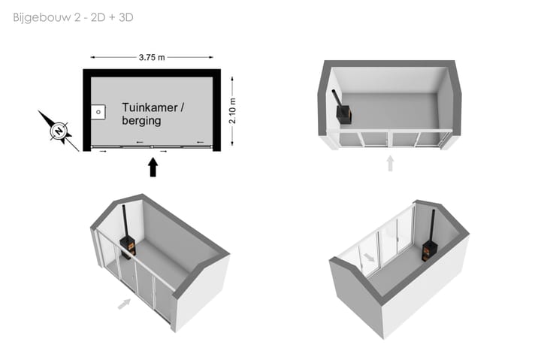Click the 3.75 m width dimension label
(x=152, y=57)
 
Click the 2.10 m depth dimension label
(x=232, y=110)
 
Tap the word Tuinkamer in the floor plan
(x=150, y=107)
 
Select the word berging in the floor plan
(x=141, y=121)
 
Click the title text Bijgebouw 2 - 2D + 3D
(x=73, y=17)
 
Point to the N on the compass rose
(x=59, y=132)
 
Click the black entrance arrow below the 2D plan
(x=153, y=167)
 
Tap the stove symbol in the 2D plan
(x=98, y=112)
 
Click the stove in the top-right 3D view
(x=344, y=113)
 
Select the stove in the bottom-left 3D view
(x=128, y=247)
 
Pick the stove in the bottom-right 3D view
(x=430, y=250)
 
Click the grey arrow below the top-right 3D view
(x=390, y=163)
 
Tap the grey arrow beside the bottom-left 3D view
(x=124, y=304)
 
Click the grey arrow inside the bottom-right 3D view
(x=369, y=257)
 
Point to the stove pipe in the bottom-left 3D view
(x=124, y=221)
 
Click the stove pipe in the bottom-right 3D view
(x=432, y=225)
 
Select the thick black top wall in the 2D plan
(x=152, y=73)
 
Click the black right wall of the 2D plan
(x=216, y=110)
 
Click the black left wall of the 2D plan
(x=87, y=110)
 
